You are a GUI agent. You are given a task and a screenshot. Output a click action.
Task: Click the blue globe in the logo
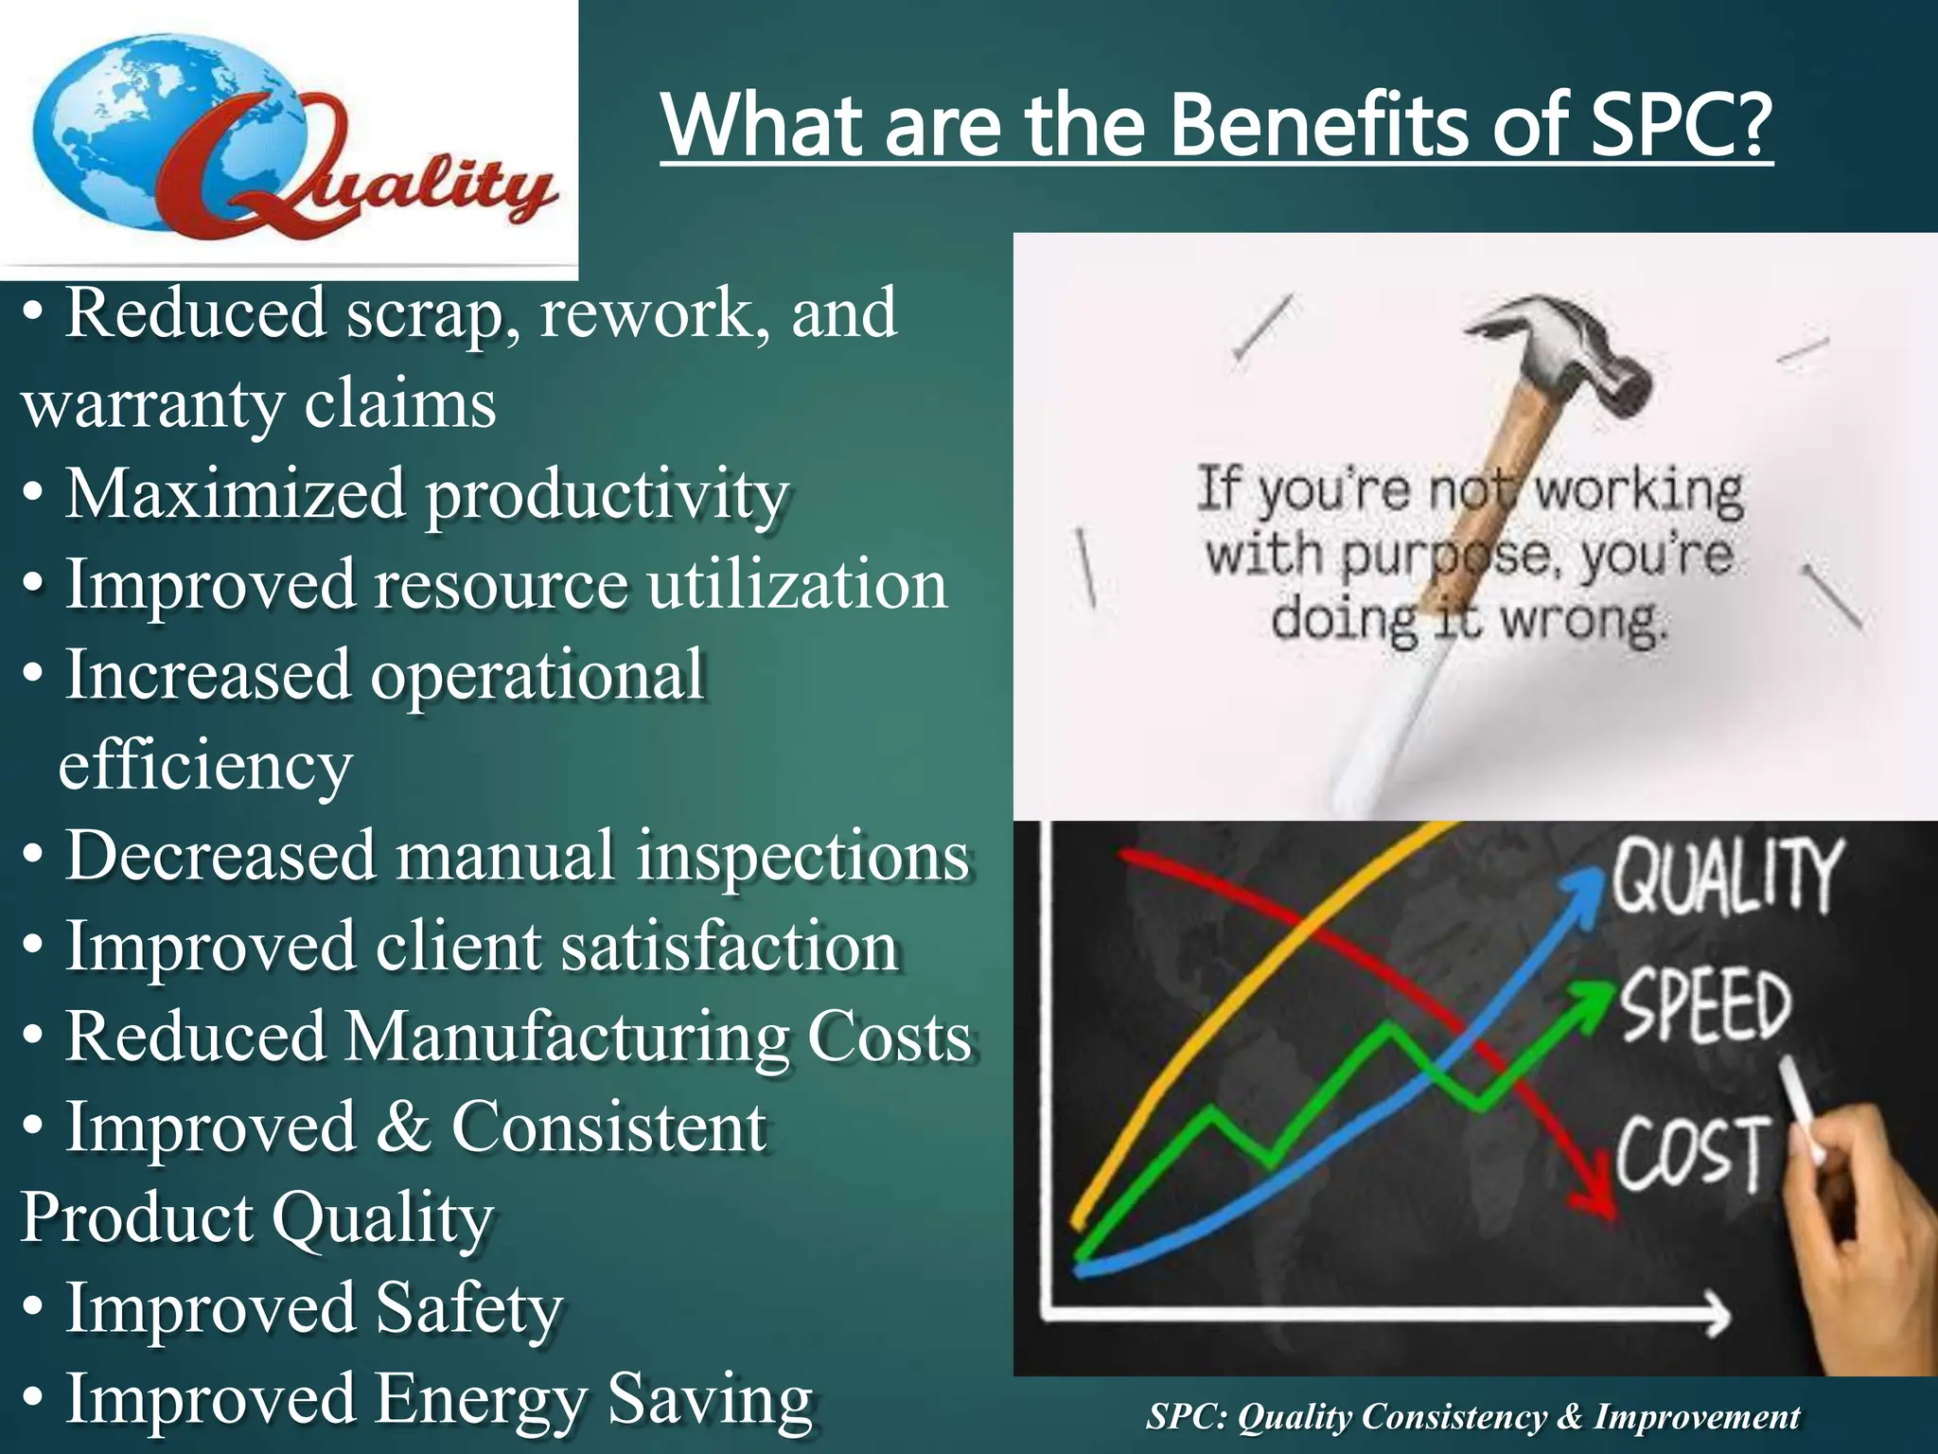(x=142, y=133)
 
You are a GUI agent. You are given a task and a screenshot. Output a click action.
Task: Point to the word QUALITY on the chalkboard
(x=1727, y=876)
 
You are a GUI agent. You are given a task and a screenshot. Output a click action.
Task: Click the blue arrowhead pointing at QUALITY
(x=1582, y=890)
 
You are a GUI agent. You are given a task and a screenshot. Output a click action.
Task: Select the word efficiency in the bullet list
(x=205, y=766)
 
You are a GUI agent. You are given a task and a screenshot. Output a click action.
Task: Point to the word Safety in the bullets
(x=468, y=1308)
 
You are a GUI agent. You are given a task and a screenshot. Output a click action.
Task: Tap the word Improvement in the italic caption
(x=1697, y=1417)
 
